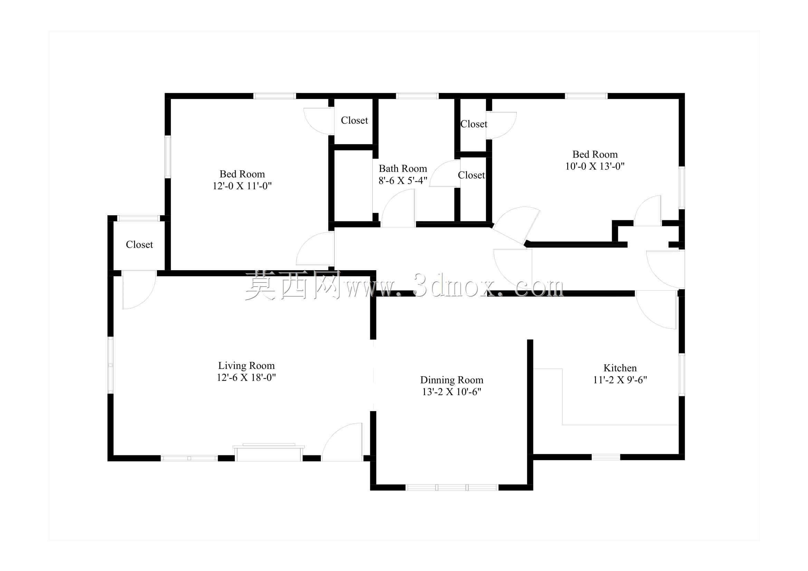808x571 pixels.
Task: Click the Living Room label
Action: pos(246,365)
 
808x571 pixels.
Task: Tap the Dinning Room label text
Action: pos(451,380)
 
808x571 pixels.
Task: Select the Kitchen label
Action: pos(620,368)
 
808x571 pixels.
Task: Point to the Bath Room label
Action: pos(402,169)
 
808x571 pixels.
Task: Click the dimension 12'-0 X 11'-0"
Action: pos(242,186)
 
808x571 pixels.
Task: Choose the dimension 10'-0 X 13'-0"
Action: pos(595,166)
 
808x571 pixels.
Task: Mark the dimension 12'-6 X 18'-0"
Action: pos(246,378)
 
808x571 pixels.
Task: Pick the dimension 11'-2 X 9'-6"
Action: pos(620,380)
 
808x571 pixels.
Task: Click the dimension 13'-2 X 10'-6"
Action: pos(451,392)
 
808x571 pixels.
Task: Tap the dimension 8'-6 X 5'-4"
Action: pos(403,180)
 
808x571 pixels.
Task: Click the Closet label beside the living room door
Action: pos(139,245)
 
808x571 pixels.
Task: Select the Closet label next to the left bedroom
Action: pos(354,120)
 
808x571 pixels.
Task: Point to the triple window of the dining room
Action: pos(452,487)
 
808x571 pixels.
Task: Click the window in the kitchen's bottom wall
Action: pos(606,457)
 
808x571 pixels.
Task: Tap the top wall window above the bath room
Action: pos(417,96)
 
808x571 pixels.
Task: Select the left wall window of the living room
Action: pos(111,365)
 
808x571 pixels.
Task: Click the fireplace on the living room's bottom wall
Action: pos(268,453)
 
